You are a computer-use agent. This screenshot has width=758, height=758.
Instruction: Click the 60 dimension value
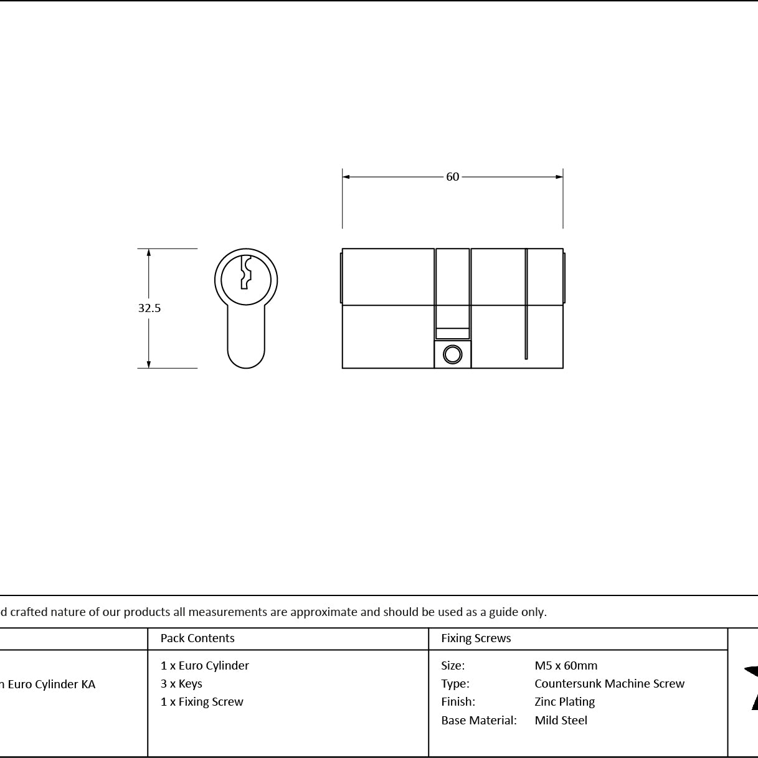click(452, 177)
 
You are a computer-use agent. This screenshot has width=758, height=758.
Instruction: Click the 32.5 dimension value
click(149, 308)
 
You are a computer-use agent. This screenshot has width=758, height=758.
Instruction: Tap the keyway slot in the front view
click(246, 272)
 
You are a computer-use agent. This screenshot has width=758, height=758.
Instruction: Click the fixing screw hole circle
click(452, 354)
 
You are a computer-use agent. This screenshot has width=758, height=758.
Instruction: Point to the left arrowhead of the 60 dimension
click(346, 177)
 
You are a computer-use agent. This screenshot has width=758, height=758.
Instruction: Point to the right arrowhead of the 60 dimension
click(559, 177)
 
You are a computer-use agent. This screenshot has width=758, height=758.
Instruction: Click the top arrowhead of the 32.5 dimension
click(149, 252)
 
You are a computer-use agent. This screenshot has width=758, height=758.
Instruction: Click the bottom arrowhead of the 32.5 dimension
click(149, 364)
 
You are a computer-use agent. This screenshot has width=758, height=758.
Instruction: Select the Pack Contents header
click(197, 638)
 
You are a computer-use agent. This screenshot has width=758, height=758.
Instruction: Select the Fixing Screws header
click(476, 638)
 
